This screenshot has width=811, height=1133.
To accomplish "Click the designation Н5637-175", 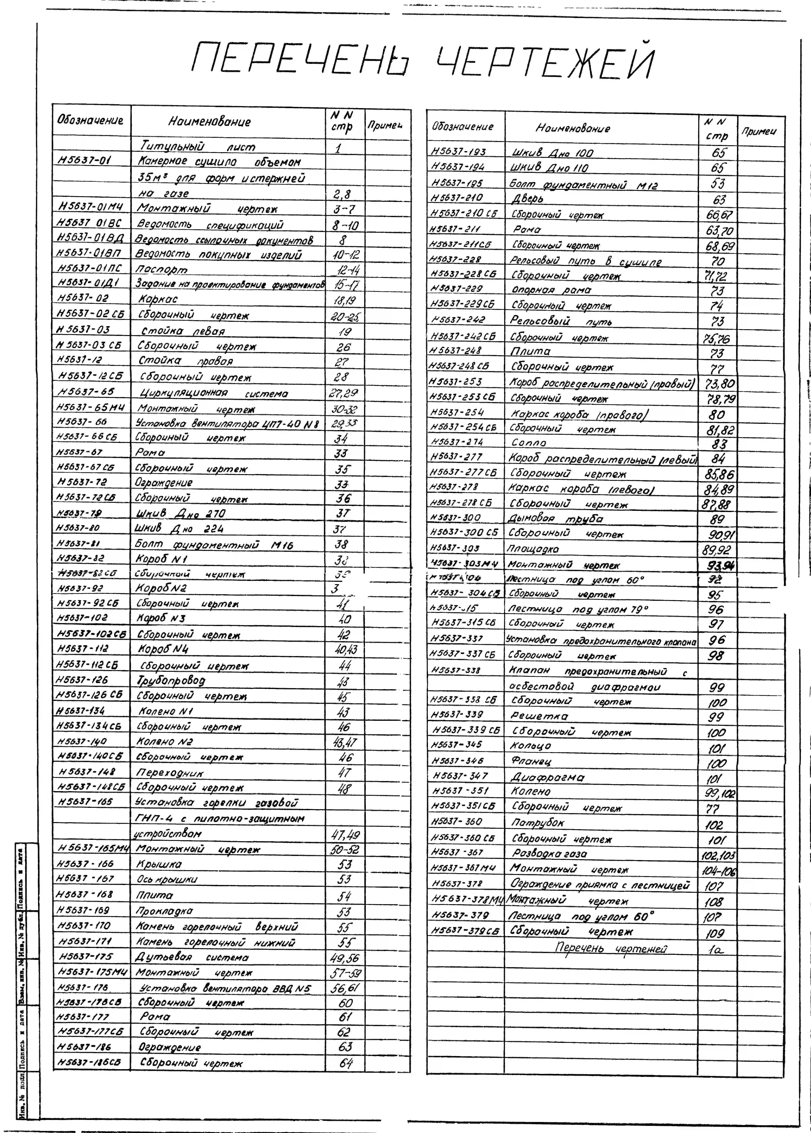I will click(86, 956).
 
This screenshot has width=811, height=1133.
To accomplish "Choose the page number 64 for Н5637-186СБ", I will click(346, 1063).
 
